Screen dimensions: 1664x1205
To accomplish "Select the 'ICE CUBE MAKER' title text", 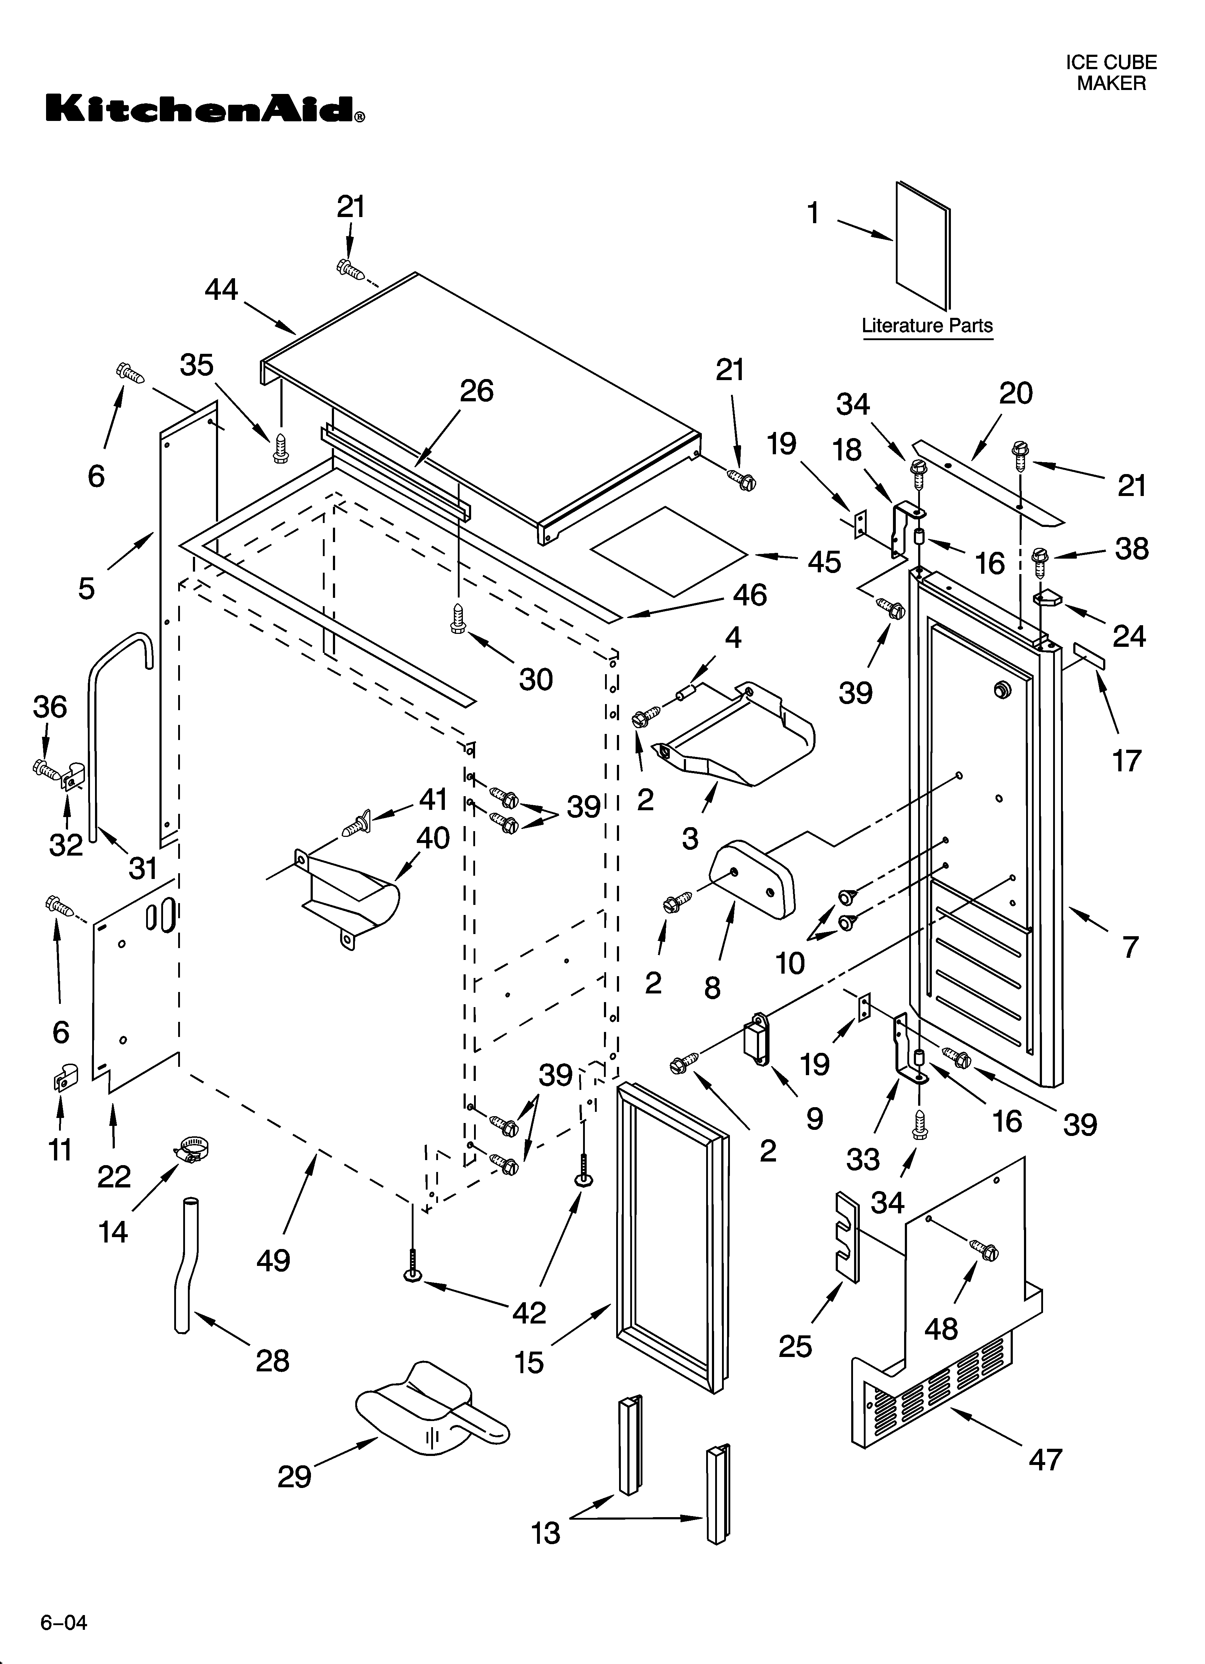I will [x=1111, y=73].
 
